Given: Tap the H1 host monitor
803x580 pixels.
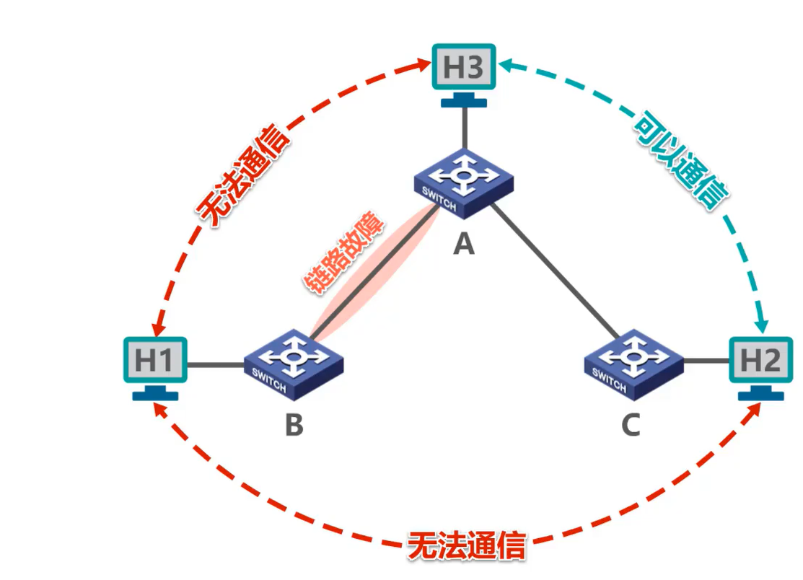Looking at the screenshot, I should click(154, 360).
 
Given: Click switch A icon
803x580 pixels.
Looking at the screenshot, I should click(464, 183).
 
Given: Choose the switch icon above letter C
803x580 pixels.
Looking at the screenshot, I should click(633, 364).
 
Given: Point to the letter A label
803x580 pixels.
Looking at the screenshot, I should click(464, 245).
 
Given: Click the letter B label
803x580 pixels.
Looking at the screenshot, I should click(294, 426).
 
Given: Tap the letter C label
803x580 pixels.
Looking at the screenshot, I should click(631, 426).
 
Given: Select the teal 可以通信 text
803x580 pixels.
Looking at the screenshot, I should click(679, 160).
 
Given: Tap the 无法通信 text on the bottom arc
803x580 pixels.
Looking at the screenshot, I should click(466, 546).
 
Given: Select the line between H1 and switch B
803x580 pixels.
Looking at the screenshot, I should click(215, 365).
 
